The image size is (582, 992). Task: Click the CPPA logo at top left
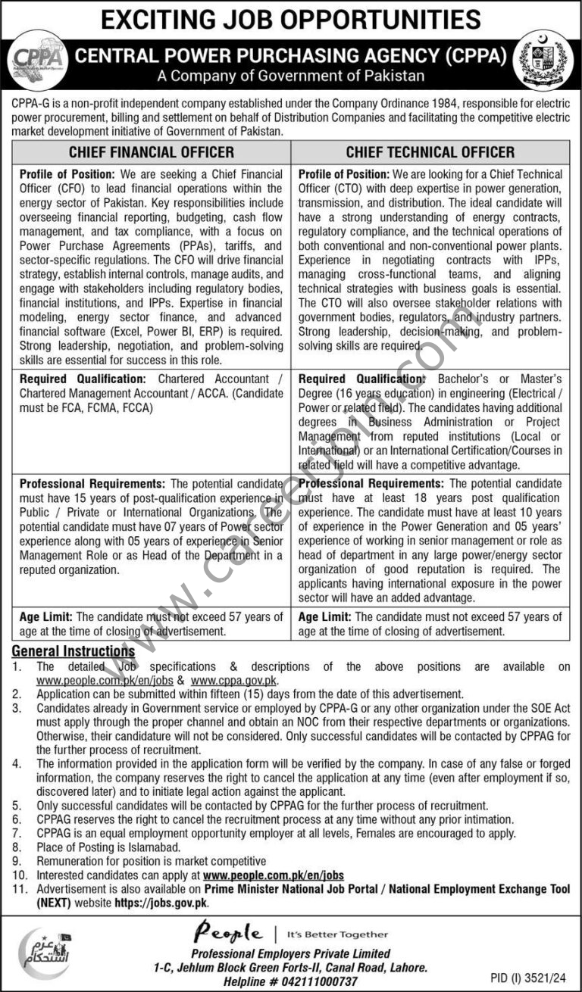(36, 60)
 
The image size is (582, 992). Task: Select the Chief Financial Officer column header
(151, 152)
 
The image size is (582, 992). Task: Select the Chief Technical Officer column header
(430, 152)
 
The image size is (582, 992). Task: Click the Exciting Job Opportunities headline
(290, 19)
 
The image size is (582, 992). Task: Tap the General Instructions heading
(73, 651)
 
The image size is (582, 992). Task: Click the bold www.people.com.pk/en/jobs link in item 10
(274, 875)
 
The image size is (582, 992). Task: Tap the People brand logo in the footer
(228, 933)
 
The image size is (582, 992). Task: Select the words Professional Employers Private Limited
(290, 953)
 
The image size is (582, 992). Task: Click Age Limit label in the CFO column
(45, 617)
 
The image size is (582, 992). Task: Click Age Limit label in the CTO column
(324, 617)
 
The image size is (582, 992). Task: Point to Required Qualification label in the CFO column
(83, 379)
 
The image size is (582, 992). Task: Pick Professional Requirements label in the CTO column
(371, 483)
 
